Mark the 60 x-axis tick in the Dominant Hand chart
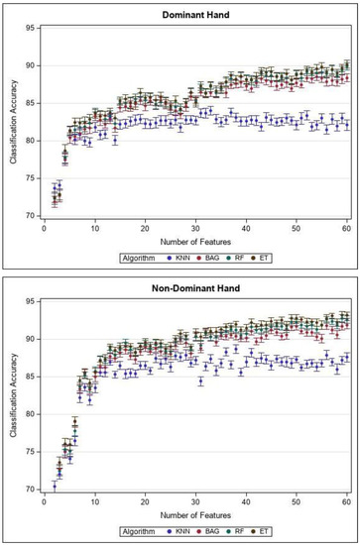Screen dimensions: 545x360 tap(347, 229)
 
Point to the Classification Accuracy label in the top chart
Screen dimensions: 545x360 tap(13, 121)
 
